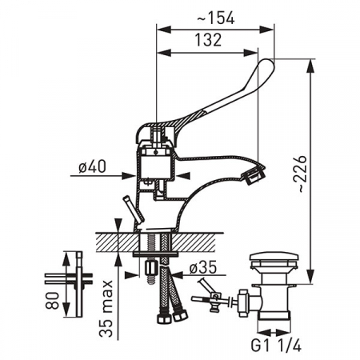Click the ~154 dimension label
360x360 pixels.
point(216,18)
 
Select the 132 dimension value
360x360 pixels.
point(208,40)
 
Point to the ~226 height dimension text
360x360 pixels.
point(301,174)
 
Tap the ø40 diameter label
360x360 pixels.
point(92,166)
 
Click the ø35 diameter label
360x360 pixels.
point(203,267)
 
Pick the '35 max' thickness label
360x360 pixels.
point(106,308)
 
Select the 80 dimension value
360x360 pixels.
point(52,301)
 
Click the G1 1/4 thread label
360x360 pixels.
point(276,346)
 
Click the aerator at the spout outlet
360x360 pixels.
point(254,175)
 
